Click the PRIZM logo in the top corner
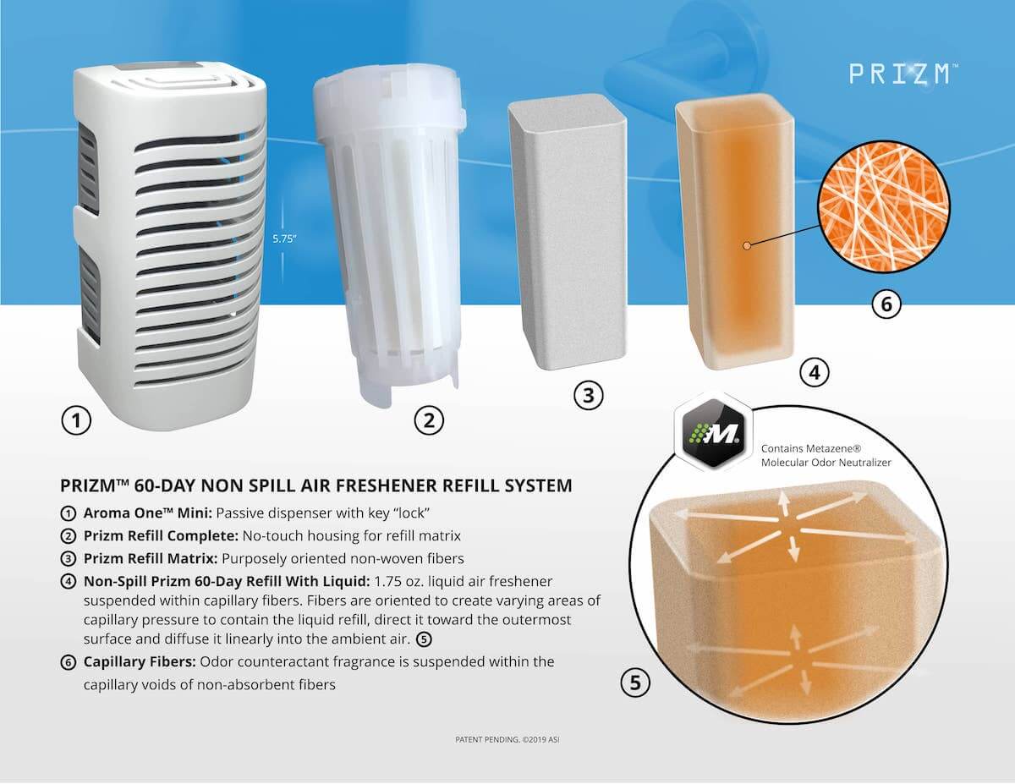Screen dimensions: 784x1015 903,74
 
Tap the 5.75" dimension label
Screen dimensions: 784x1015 284,238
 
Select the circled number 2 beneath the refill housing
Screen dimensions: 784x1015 429,419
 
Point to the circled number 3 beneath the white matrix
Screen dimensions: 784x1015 589,395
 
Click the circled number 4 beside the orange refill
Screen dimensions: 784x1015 814,372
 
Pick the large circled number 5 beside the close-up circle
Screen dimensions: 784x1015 635,682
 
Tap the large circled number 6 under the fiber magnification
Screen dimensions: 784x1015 886,304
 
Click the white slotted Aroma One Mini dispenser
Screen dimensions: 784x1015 169,245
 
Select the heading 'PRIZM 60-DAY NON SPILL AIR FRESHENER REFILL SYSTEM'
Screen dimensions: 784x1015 316,486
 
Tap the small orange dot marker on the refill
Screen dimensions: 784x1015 746,246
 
